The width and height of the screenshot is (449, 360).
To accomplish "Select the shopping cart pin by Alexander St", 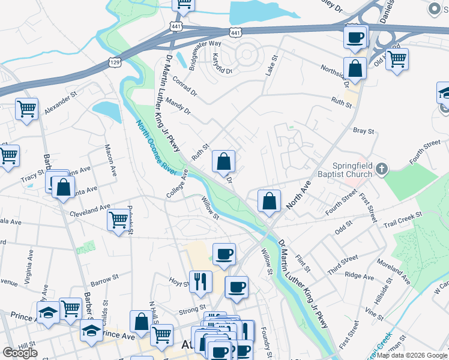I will pos(26,109).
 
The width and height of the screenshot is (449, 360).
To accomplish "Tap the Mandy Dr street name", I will pos(178,106).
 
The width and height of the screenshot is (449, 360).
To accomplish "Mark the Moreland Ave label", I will pos(394,272).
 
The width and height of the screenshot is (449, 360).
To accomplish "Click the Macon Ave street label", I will pos(110,160).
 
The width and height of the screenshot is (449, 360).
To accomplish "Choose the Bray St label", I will pos(363,131).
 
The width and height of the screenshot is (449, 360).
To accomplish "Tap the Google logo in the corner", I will pos(20,353).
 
